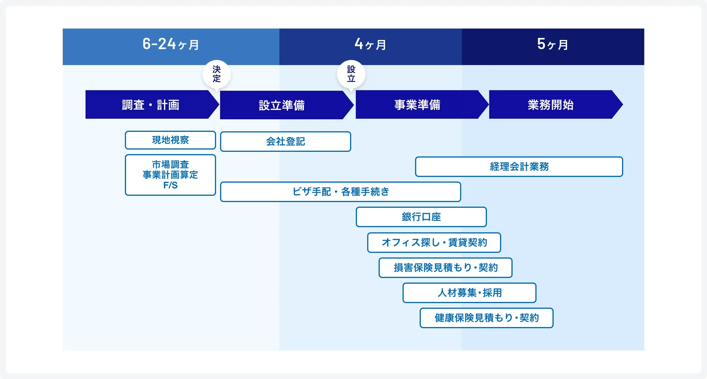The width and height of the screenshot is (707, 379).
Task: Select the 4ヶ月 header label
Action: point(370,44)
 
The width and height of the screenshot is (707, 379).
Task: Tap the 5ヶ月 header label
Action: point(553,44)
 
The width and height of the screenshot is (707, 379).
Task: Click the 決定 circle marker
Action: point(217,74)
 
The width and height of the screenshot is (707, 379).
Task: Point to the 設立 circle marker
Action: point(351,74)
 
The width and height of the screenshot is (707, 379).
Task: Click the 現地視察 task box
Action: point(170,140)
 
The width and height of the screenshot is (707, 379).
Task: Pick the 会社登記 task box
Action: point(286,142)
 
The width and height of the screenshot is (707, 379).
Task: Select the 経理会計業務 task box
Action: point(519,167)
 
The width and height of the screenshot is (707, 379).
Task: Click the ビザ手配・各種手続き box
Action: point(341,192)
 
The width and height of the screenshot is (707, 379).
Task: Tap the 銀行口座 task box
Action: point(421,217)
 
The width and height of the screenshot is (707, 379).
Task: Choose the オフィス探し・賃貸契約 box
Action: point(434,243)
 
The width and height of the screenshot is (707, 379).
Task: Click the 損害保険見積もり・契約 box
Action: point(446,268)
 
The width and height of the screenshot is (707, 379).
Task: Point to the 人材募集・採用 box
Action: point(470,293)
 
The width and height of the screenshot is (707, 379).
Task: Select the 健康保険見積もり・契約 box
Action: point(487,318)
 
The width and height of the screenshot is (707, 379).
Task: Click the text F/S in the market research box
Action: point(170,185)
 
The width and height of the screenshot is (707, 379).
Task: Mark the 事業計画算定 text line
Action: point(170,175)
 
